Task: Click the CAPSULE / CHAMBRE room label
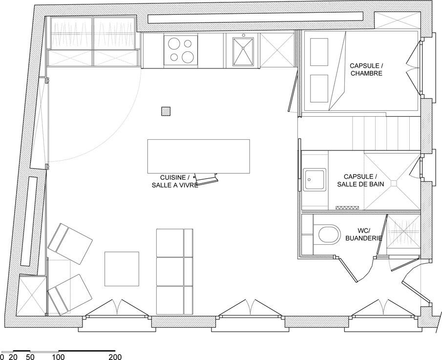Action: [366, 69]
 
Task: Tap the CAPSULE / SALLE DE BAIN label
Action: [360, 180]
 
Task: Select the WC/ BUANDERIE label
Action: [364, 234]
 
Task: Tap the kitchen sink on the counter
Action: [242, 51]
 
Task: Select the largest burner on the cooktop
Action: [187, 57]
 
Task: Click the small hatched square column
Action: [166, 111]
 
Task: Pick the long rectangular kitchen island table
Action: [198, 156]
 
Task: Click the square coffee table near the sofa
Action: [122, 269]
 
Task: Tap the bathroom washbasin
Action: [315, 180]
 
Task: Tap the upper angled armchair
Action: [70, 243]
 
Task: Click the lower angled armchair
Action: [69, 295]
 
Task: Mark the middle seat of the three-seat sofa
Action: [174, 272]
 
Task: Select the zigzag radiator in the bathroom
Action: [348, 208]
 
